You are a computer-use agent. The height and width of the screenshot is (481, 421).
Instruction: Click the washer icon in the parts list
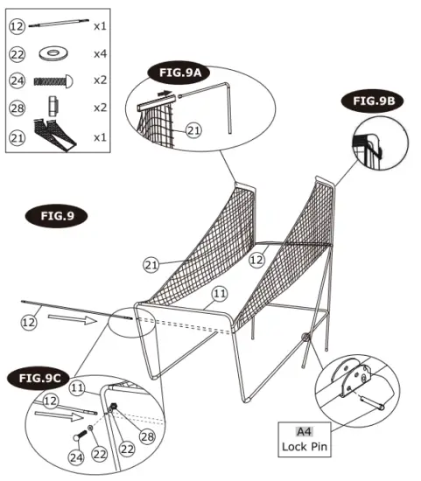click(x=55, y=53)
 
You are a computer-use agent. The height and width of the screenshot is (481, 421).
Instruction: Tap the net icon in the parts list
click(x=55, y=136)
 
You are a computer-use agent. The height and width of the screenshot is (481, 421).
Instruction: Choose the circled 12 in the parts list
click(x=18, y=26)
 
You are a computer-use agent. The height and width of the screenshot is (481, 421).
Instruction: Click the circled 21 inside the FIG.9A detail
click(x=193, y=130)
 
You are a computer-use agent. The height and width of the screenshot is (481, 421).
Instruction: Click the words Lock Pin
click(x=304, y=447)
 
